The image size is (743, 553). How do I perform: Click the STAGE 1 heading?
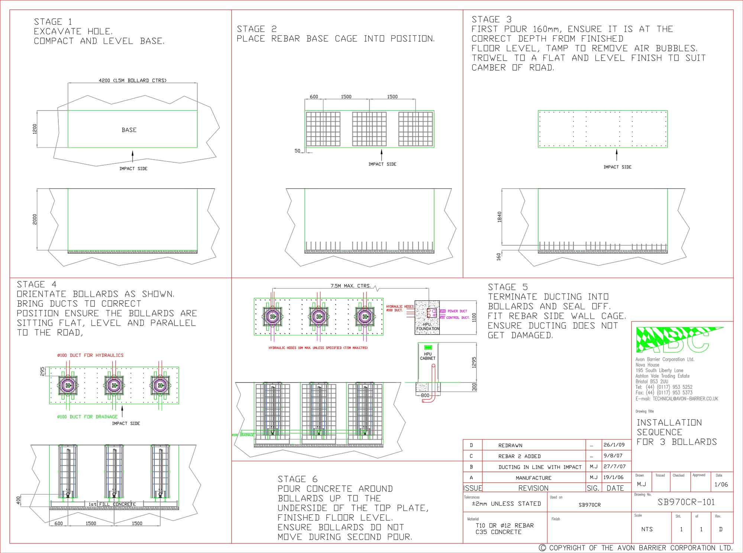53,22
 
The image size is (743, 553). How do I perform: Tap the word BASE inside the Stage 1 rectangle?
129,130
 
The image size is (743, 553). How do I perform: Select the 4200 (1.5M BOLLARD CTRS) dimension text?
132,80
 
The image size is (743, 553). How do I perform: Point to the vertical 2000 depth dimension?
35,219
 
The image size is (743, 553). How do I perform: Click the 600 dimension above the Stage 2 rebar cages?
314,97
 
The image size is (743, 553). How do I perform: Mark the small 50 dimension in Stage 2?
297,151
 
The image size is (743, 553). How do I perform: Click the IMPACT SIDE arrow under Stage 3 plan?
617,155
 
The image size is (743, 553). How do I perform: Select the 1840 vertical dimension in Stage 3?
500,217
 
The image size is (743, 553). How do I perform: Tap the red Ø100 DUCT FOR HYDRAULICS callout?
90,355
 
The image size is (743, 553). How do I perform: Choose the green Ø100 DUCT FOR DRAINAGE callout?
87,417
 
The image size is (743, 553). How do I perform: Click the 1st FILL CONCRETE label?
112,504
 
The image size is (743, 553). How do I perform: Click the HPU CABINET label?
427,356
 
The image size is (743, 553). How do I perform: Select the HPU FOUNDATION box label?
427,327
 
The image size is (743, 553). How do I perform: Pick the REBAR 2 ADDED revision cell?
519,456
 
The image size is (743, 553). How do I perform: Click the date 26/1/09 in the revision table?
614,445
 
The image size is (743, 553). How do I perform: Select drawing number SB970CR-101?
686,502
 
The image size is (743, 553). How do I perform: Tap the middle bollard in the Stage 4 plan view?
114,386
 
